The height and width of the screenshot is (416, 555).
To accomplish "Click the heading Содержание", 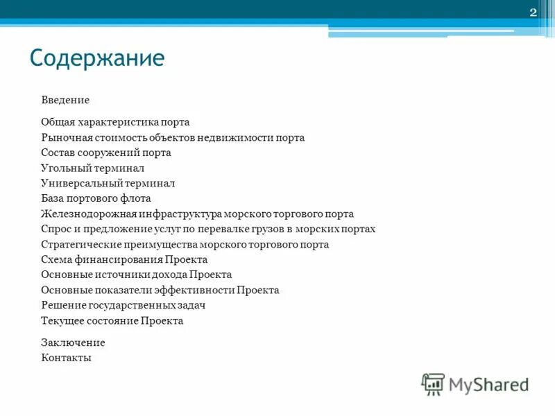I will pos(97,58).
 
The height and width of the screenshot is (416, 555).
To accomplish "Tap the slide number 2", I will pos(533,12).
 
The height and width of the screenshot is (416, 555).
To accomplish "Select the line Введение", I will pos(65,100).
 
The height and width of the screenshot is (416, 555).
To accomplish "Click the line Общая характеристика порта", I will pos(115,122).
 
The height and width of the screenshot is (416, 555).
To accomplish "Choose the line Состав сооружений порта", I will pos(105,153).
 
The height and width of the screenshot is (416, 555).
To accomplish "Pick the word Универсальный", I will pos(81,183).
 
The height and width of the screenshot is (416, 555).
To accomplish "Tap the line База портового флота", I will pos(96,198).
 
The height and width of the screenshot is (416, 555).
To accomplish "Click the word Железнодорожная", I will pos(85,214).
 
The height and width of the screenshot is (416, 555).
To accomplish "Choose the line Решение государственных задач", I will pos(123,305).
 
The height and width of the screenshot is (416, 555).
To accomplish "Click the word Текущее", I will pos(61,321).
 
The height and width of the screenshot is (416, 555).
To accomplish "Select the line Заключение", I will pos(73,343).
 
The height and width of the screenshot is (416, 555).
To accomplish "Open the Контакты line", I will pos(66,358).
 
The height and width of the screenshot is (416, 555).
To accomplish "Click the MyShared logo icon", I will pos(433,383).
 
